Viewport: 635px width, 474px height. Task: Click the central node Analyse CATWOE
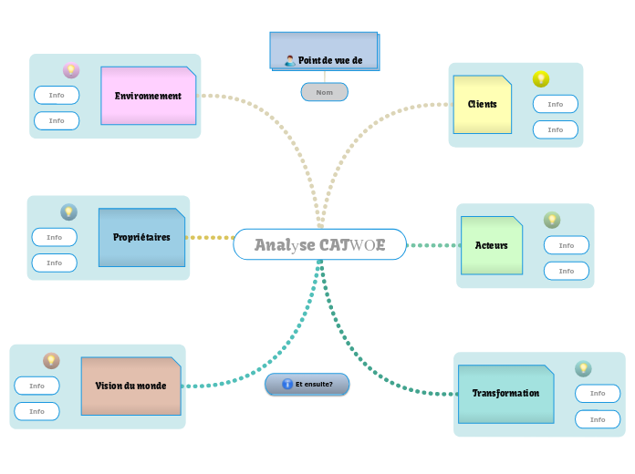click(x=319, y=244)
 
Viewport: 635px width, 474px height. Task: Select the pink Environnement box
click(x=148, y=96)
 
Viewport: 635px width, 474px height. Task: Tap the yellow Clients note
click(x=482, y=104)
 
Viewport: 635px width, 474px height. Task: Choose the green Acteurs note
click(x=491, y=245)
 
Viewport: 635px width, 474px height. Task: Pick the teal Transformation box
click(x=505, y=394)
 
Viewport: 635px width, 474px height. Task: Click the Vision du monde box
click(x=130, y=386)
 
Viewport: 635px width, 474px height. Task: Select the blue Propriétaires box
click(x=141, y=238)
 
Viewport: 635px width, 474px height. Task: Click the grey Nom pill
click(x=324, y=92)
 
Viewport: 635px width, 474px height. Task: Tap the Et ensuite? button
click(x=307, y=384)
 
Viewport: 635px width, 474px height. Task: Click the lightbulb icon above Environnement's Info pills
click(x=70, y=70)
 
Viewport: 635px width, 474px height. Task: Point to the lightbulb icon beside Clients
click(x=541, y=79)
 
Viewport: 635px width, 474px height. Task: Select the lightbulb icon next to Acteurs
click(x=552, y=220)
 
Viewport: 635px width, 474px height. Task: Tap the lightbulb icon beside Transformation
click(x=583, y=368)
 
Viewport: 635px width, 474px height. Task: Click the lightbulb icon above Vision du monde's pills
click(x=51, y=361)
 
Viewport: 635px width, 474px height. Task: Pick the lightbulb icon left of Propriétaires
click(x=68, y=212)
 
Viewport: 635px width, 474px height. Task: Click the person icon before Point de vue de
click(x=289, y=61)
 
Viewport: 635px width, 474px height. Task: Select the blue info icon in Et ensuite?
click(x=287, y=384)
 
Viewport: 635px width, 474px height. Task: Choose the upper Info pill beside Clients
click(x=556, y=104)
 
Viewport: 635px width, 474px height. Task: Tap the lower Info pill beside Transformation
click(x=598, y=419)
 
